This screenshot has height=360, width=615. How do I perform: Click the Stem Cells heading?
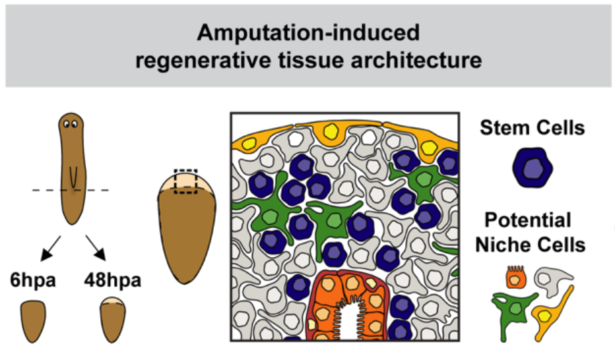533,127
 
